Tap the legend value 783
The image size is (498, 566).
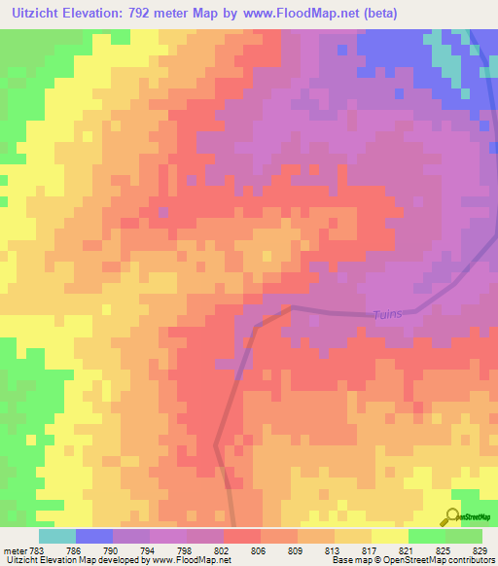pyautogui.click(x=37, y=549)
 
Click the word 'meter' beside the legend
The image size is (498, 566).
pyautogui.click(x=15, y=549)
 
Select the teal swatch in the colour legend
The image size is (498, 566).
pyautogui.click(x=57, y=536)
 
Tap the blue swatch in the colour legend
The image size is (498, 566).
pyautogui.click(x=94, y=536)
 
